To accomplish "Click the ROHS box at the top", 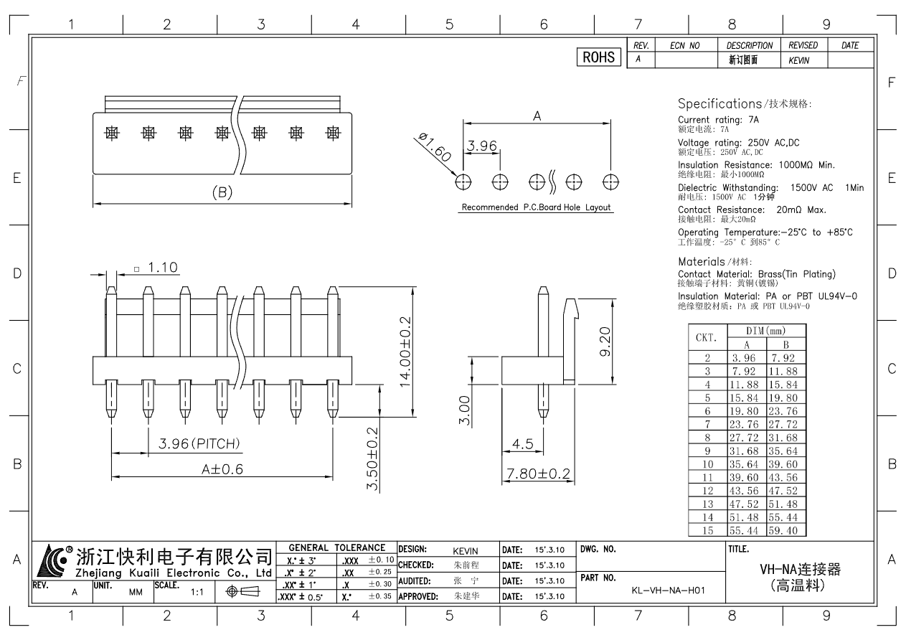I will (x=599, y=58).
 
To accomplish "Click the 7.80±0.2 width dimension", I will (x=538, y=474).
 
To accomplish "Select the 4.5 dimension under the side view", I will (x=523, y=444).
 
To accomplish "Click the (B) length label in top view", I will (x=222, y=192).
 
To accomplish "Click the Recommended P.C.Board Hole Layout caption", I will (x=536, y=207).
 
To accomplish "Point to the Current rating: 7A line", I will (x=718, y=120).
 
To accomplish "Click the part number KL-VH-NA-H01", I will (x=668, y=590).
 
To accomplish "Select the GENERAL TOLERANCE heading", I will (x=336, y=547).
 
